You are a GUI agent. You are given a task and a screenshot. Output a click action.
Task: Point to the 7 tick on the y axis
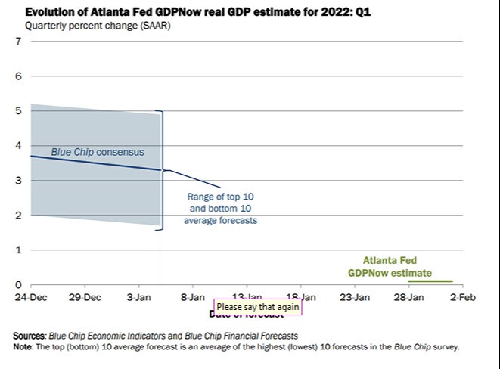point(18,41)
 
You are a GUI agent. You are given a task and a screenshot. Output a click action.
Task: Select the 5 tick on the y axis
point(18,110)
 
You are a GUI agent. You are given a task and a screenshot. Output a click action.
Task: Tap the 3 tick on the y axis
point(18,180)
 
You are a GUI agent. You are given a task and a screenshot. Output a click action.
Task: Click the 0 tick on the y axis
point(18,284)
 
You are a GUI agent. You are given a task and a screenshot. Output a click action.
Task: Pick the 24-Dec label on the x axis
point(30,298)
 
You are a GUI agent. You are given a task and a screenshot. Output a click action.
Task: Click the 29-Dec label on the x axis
point(85,298)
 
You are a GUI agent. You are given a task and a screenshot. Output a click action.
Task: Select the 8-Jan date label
point(192,298)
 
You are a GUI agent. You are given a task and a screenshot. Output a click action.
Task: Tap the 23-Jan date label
point(354,298)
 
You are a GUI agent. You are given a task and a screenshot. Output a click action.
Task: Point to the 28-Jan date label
point(408,298)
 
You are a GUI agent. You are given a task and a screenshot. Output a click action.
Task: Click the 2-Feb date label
point(462,298)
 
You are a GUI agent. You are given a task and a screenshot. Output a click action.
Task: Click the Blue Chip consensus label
point(97,152)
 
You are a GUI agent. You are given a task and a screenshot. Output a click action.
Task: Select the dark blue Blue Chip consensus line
point(91,163)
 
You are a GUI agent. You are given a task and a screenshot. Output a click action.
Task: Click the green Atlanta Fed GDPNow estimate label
point(390,266)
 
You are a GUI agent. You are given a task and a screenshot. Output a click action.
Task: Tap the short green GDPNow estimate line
point(430,281)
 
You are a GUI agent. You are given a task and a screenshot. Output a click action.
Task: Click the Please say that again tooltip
point(258,307)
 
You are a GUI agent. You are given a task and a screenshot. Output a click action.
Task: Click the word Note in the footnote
point(23,347)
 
